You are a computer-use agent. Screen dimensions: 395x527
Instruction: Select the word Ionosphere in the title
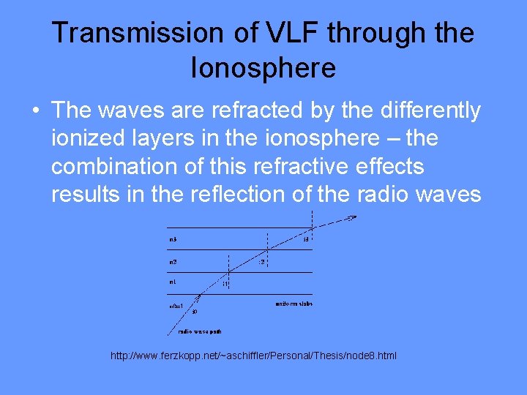click(x=263, y=68)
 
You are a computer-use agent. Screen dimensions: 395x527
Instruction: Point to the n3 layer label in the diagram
click(x=173, y=239)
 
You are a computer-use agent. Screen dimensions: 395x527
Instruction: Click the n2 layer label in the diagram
click(x=173, y=261)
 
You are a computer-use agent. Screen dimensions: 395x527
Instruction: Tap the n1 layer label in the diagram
click(x=173, y=281)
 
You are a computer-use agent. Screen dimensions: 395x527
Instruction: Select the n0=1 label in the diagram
click(x=176, y=306)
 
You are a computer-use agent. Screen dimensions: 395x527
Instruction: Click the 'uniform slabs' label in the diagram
click(x=294, y=303)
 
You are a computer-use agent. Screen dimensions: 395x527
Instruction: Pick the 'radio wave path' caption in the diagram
click(x=201, y=331)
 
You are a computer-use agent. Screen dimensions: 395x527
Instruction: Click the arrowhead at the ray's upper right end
click(x=353, y=218)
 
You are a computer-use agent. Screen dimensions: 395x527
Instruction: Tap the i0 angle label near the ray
click(x=195, y=312)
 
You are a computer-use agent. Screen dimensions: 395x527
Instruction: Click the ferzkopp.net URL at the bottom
click(x=253, y=355)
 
